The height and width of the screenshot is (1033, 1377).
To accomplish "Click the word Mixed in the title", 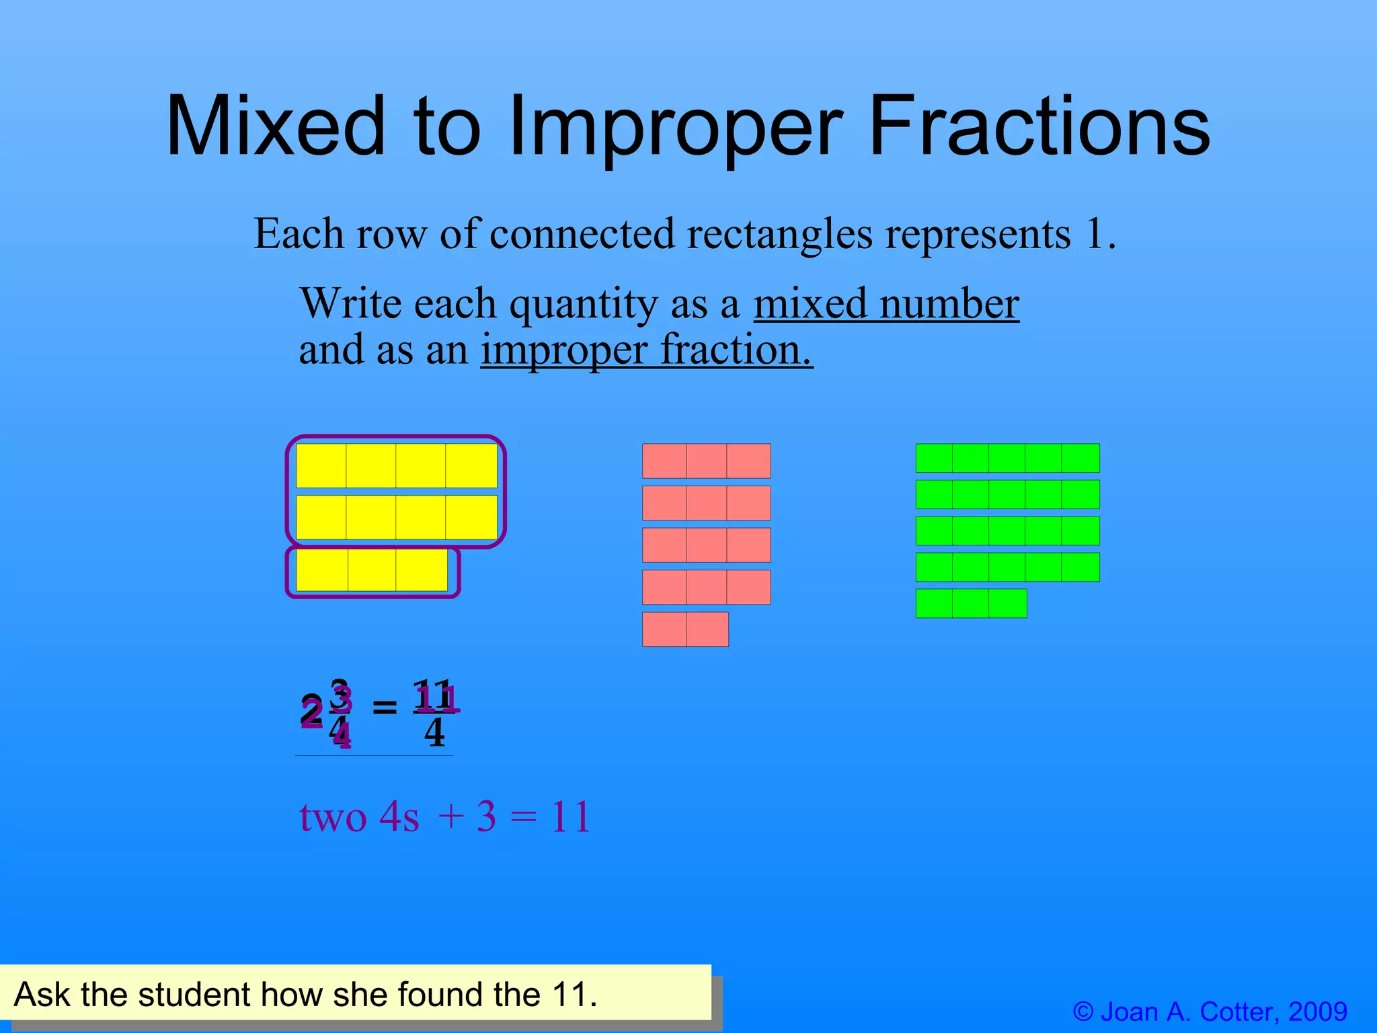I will click(276, 126).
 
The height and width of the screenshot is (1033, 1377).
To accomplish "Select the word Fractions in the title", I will click(1039, 126).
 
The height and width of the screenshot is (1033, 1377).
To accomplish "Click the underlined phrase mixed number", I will click(886, 303).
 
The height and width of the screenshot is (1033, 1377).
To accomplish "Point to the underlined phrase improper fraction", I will click(646, 350).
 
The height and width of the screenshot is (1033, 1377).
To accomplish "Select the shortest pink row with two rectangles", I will click(685, 629).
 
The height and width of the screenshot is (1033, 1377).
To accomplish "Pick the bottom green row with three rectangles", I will click(971, 603).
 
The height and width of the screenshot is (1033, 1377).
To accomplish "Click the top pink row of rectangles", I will click(706, 461).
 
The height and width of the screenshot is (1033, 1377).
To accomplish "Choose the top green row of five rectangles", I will click(1007, 458).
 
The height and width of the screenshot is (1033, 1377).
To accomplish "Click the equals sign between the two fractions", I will click(385, 707).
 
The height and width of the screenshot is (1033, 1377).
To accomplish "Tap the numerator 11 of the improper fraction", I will click(435, 696).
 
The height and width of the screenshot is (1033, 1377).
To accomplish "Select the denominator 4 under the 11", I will click(434, 732).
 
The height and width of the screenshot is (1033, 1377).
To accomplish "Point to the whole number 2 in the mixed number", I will click(311, 713).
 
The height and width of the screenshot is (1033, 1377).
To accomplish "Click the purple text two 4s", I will click(358, 817).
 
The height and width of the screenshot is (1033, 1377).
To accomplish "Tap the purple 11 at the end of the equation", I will click(570, 817).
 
